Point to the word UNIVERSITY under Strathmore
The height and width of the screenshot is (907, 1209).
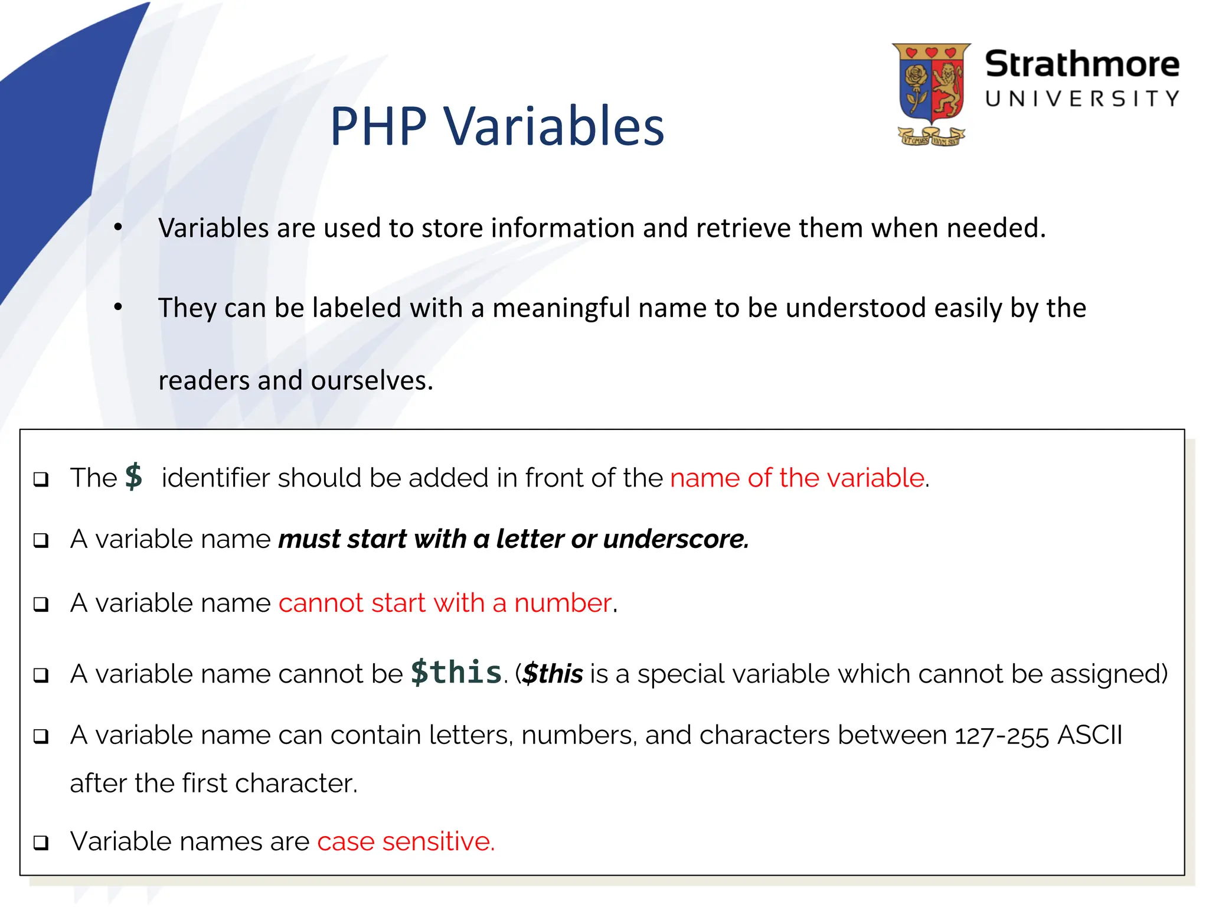[1081, 99]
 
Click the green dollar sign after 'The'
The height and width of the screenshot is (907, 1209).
[134, 477]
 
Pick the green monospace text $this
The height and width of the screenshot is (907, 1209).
[456, 673]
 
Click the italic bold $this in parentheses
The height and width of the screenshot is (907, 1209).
[553, 674]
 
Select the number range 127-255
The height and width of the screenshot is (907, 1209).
[1002, 736]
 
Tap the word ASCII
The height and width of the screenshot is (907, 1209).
[1090, 735]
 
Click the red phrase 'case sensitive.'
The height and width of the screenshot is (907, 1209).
[406, 841]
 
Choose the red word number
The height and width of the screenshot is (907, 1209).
[562, 603]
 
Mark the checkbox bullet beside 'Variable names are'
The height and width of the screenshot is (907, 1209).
[41, 843]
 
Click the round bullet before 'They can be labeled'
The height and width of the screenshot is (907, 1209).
[118, 306]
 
